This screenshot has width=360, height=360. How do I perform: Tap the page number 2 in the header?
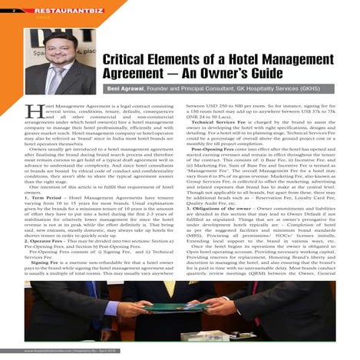click(x=6, y=9)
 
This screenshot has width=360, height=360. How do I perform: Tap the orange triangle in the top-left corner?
click(x=4, y=3)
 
